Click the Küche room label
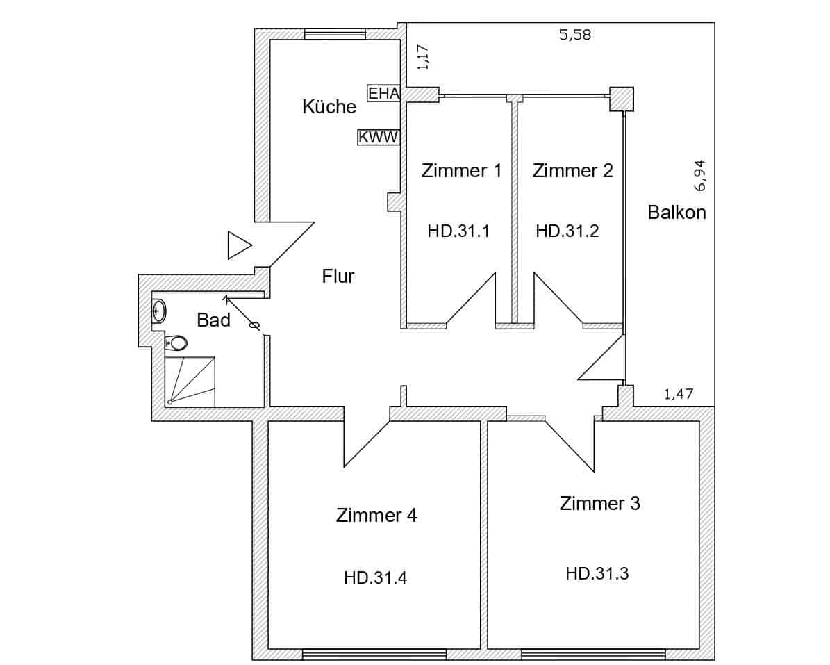point(329,107)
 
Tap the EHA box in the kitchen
point(384,93)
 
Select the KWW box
point(379,138)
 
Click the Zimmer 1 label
point(461,171)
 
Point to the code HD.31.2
point(567,231)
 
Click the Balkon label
point(677,213)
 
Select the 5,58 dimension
point(574,35)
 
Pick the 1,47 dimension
point(679,395)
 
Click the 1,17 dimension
point(423,57)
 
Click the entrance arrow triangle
point(238,246)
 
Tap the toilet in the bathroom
point(176,343)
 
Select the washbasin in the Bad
point(158,311)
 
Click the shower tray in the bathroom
point(190,381)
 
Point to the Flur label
point(338,277)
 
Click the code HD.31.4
point(375,577)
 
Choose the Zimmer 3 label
point(599,503)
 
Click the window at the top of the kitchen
point(335,34)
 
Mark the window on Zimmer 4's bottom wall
point(374,654)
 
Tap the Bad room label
point(213,320)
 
